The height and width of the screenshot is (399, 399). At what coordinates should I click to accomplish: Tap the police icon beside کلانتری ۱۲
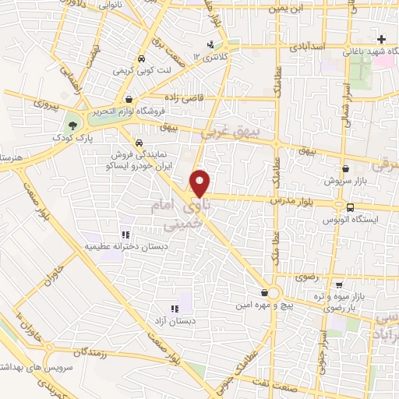(210, 44)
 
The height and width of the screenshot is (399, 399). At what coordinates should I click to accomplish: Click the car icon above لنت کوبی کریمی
(140, 59)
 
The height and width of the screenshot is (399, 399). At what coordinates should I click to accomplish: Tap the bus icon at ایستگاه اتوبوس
(350, 207)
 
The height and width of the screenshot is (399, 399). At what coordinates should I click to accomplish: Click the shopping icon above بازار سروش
(345, 168)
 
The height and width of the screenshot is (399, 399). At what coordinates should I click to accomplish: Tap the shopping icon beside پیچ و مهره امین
(267, 293)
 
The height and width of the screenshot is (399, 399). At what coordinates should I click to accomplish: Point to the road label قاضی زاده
(182, 97)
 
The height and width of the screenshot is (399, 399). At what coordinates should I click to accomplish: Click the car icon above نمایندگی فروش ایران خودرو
(137, 143)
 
